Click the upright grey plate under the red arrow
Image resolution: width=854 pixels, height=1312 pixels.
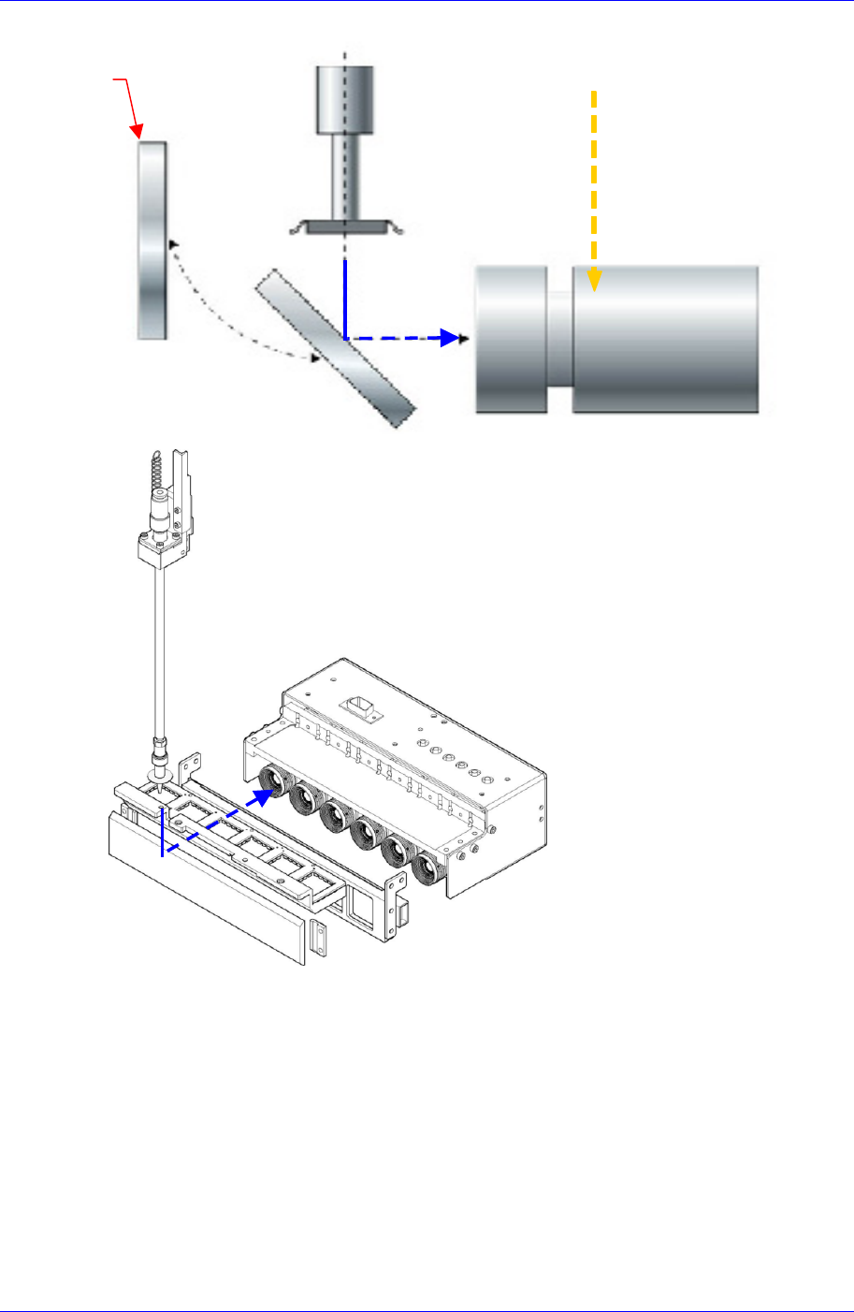pyautogui.click(x=152, y=240)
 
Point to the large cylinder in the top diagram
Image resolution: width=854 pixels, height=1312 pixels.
pyautogui.click(x=665, y=339)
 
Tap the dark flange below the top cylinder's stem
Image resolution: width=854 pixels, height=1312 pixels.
pyautogui.click(x=346, y=226)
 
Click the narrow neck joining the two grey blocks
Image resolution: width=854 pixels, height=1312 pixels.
pyautogui.click(x=559, y=339)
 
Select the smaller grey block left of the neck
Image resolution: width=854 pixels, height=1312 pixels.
pyautogui.click(x=511, y=339)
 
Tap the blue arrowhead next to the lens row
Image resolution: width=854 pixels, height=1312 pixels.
pyautogui.click(x=263, y=795)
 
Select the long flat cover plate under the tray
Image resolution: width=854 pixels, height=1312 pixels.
pyautogui.click(x=207, y=889)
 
